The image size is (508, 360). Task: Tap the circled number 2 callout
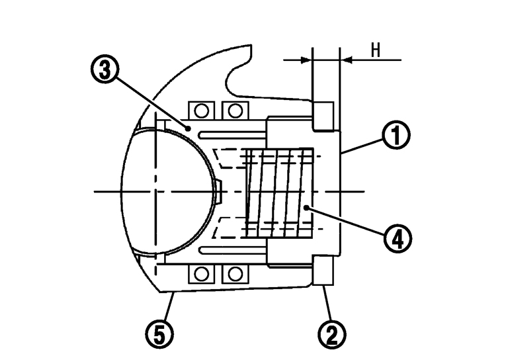coord(331,332)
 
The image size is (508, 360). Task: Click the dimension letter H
coord(375,50)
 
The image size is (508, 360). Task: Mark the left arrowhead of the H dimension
coord(306,60)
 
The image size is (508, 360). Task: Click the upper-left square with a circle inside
coord(202,109)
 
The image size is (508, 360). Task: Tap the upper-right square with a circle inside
coord(233,109)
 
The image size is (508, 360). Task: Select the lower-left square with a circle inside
coord(202,273)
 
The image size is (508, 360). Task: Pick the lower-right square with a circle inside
coord(233,273)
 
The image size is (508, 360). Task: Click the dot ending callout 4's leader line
coord(306,207)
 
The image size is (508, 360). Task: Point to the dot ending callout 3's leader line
coord(189,128)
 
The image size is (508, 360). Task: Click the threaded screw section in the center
coord(278,192)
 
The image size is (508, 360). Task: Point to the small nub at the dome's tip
coord(219,192)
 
